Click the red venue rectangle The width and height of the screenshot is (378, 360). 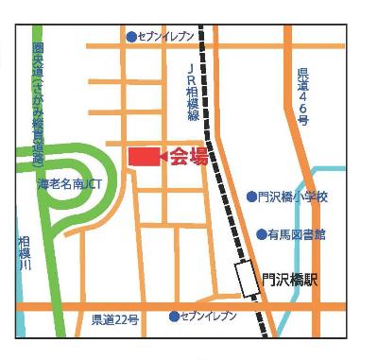click(144, 157)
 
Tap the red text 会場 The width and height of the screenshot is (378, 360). click(189, 158)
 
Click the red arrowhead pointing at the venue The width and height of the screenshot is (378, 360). click(164, 157)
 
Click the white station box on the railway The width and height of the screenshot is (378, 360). click(249, 281)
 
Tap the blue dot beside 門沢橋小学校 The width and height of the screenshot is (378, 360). click(251, 197)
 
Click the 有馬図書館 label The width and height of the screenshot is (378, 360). click(297, 233)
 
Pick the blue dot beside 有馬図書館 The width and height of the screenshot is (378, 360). click(262, 233)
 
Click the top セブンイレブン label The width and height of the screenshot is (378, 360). click(166, 36)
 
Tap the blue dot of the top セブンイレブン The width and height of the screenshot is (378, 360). click(131, 37)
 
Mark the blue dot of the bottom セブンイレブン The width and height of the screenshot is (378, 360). click(174, 316)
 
